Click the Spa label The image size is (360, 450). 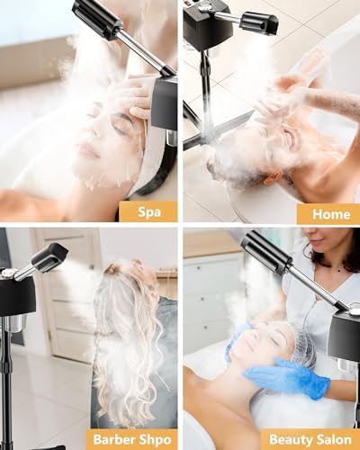coord(149,212)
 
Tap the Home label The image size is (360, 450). coord(331,214)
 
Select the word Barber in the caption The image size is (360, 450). coord(113,439)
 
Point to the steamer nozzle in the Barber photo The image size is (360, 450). coord(49,256)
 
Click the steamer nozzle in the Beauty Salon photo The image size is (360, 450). coord(265,253)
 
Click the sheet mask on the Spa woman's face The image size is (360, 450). coord(111,144)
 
